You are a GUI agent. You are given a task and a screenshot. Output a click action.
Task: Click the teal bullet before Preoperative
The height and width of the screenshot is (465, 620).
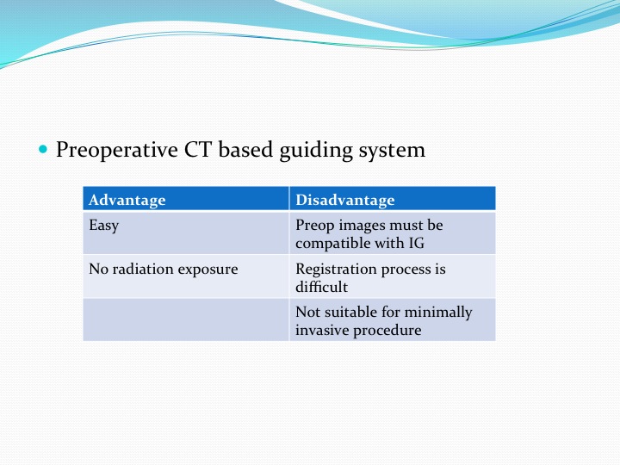43,150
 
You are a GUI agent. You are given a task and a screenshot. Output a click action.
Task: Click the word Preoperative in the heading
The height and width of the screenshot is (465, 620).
117,151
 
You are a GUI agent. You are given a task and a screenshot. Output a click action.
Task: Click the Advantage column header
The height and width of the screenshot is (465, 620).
127,200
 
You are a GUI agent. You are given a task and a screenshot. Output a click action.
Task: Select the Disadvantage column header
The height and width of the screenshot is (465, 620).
345,200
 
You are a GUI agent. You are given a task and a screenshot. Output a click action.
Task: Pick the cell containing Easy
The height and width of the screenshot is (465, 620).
186,232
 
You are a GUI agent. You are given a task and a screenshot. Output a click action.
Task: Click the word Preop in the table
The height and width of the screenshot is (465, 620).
315,226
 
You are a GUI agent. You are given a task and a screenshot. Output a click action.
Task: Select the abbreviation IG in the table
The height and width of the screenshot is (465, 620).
417,243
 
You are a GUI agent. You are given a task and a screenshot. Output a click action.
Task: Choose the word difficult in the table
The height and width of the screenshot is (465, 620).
322,287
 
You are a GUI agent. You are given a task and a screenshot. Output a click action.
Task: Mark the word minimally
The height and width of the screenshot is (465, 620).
438,313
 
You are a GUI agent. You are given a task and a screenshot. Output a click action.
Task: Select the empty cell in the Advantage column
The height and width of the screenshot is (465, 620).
186,319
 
